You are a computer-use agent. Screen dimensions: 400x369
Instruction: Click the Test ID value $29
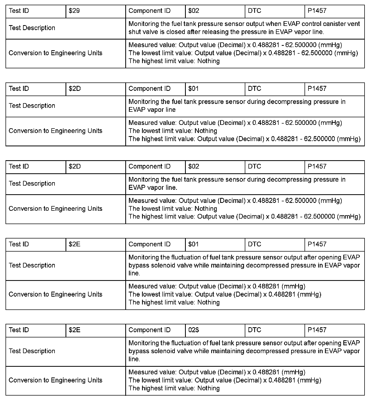click(74, 11)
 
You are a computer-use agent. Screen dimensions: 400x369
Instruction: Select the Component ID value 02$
click(194, 330)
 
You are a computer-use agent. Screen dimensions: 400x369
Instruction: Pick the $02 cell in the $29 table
click(194, 11)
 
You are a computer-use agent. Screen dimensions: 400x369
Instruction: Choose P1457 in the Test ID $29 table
click(317, 11)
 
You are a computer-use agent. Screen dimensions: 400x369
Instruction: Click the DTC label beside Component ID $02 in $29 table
click(254, 11)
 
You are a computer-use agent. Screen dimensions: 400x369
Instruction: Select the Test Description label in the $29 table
click(32, 28)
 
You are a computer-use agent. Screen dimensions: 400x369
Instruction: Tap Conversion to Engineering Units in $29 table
click(55, 53)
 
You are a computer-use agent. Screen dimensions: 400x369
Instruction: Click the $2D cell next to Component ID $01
click(75, 89)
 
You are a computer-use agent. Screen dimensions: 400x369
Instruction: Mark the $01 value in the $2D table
click(194, 89)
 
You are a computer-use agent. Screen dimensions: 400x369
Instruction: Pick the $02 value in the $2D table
click(194, 166)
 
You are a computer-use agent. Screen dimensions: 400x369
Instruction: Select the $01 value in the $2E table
click(194, 244)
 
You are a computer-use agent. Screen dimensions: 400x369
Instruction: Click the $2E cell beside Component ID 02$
click(74, 330)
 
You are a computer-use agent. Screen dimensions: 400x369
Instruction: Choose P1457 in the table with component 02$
click(317, 330)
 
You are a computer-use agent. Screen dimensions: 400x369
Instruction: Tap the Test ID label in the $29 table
click(19, 11)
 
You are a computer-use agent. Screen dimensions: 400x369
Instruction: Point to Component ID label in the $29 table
click(149, 11)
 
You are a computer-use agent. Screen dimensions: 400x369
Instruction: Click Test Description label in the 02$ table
click(32, 351)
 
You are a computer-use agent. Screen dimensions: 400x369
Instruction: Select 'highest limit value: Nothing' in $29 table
click(174, 61)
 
